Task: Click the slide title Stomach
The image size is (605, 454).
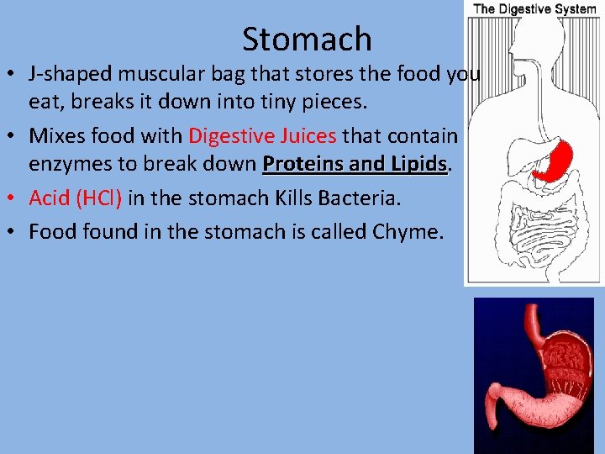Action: (x=307, y=39)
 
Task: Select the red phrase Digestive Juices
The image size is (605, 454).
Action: (x=262, y=136)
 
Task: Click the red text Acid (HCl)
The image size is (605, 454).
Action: (x=76, y=198)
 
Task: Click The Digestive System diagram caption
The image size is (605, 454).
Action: (x=534, y=9)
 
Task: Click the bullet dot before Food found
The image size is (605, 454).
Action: (x=15, y=232)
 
